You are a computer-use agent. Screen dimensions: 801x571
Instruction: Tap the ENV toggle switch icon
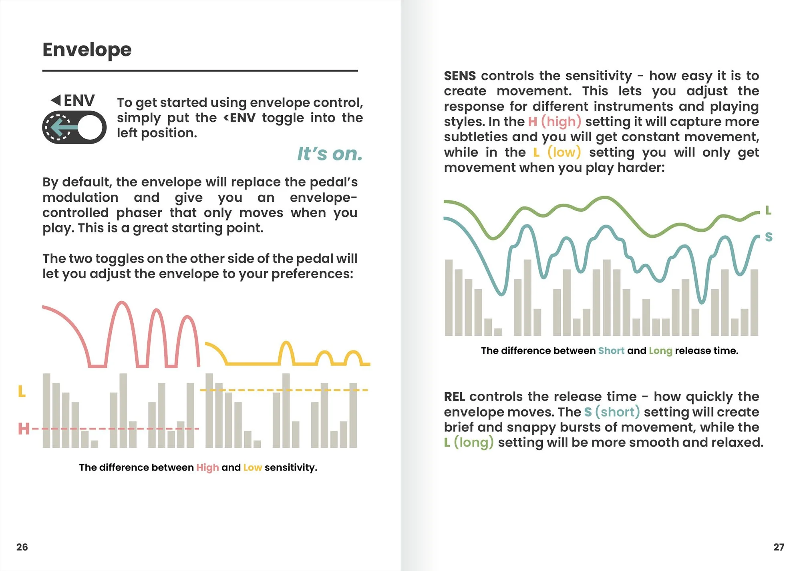(x=74, y=127)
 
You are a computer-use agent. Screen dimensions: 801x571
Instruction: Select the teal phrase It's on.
(x=330, y=154)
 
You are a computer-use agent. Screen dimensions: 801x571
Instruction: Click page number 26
(x=22, y=547)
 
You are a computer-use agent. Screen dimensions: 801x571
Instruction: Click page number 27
(x=779, y=547)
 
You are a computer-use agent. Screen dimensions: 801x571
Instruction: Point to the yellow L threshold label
(x=22, y=391)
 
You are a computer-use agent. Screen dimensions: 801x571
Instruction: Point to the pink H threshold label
(x=24, y=429)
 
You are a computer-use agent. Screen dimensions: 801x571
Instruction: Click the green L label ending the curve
(x=768, y=210)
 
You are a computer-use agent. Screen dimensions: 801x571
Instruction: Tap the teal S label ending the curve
(x=769, y=237)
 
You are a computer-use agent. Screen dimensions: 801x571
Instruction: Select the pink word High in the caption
(x=207, y=468)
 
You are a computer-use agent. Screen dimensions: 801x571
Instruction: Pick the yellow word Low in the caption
(x=252, y=467)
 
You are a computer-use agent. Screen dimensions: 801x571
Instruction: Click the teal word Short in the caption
(x=611, y=351)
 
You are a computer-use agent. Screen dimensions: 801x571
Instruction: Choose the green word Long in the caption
(x=660, y=351)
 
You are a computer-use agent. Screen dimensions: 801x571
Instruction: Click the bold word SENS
(x=460, y=76)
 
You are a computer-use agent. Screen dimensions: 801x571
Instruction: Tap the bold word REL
(x=455, y=397)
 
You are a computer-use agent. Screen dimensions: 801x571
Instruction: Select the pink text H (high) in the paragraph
(x=554, y=121)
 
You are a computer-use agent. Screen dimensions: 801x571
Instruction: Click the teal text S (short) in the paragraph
(x=612, y=412)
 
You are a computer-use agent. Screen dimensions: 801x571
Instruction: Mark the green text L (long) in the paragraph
(x=469, y=443)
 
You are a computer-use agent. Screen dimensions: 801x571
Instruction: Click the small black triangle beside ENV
(x=56, y=100)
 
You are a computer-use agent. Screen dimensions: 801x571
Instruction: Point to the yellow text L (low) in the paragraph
(x=557, y=152)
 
